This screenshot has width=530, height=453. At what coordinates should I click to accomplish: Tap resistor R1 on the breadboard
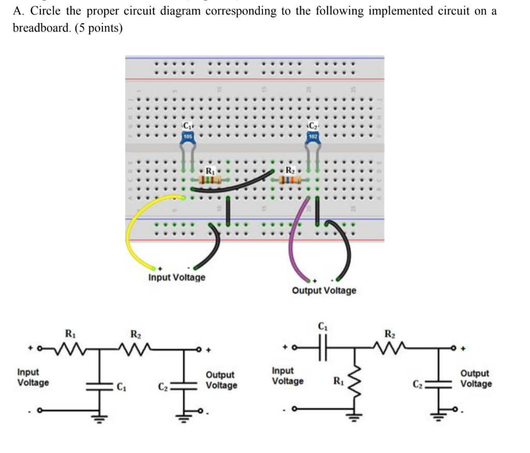click(210, 180)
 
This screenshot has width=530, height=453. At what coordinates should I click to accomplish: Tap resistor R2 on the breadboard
click(290, 180)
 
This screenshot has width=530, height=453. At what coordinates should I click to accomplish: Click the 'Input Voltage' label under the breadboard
click(176, 277)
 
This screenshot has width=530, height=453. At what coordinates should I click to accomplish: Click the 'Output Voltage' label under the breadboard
click(324, 290)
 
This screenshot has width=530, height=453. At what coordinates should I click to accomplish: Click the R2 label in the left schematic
click(135, 333)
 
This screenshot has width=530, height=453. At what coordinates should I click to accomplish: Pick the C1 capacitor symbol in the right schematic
click(322, 347)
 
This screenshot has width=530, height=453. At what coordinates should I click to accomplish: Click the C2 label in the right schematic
click(417, 384)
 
